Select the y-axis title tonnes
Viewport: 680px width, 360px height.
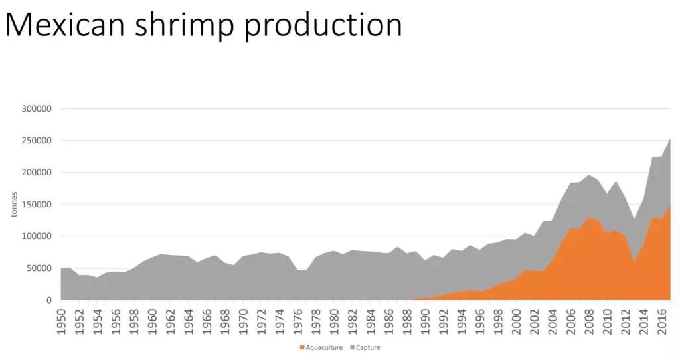coord(15,204)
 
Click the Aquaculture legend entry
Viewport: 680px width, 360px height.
coord(322,347)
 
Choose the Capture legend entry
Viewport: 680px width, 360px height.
coord(367,347)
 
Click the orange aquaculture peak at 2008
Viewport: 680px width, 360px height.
coord(588,219)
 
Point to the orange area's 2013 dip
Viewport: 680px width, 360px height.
coord(635,263)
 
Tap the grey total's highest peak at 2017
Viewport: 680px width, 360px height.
coord(669,141)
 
